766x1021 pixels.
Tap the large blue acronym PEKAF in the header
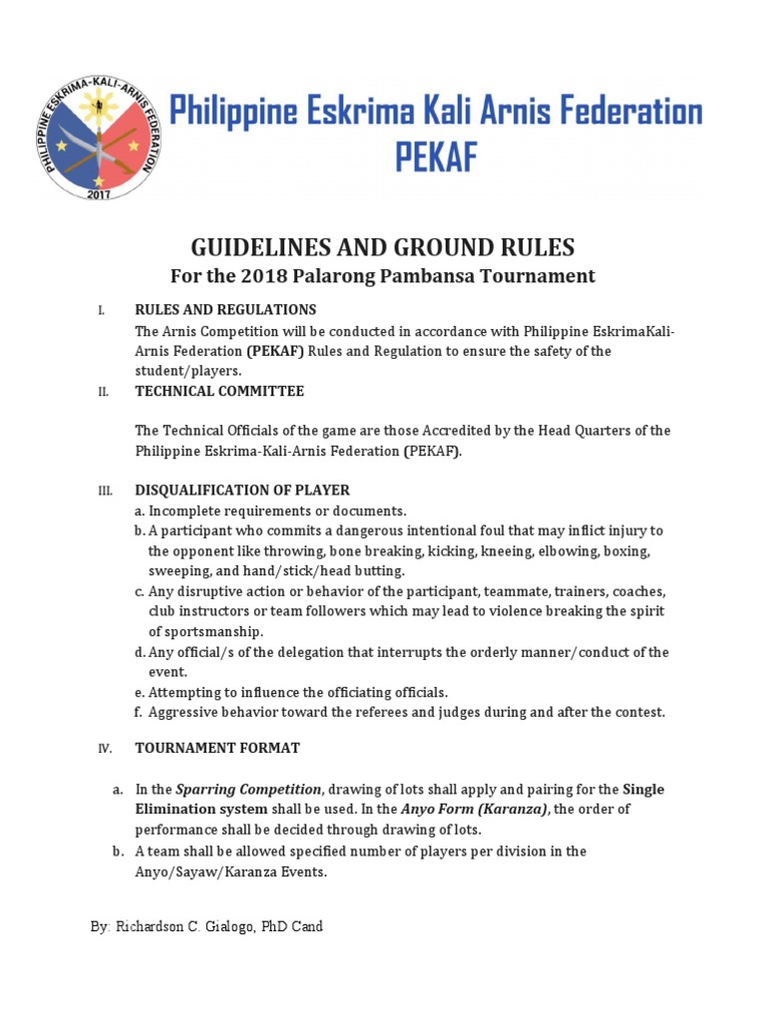pos(437,158)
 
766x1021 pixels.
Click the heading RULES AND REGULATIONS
pos(225,309)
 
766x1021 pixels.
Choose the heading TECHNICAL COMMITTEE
pos(219,391)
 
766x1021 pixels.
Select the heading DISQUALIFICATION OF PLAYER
pos(242,491)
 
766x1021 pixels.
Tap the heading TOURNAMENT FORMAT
pos(217,748)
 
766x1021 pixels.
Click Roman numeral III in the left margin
pos(103,491)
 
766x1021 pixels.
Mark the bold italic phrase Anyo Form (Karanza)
pos(475,810)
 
